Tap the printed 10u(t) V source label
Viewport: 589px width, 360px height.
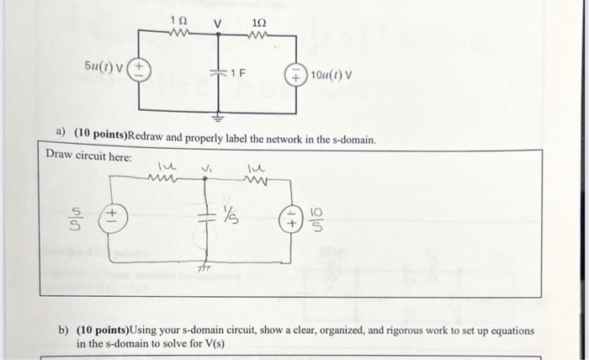point(332,74)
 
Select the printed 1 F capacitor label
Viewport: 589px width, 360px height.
point(239,73)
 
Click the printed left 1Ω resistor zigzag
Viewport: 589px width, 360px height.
point(178,34)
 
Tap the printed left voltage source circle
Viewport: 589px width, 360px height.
point(139,70)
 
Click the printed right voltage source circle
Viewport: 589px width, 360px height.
point(297,74)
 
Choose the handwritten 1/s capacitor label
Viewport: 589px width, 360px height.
point(232,216)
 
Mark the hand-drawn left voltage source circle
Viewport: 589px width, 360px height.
point(111,220)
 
